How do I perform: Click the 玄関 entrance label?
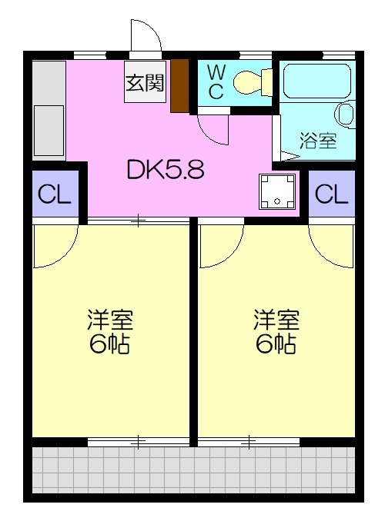click(x=145, y=83)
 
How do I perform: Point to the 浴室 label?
click(x=318, y=141)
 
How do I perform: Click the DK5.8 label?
click(x=166, y=169)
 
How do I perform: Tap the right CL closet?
click(x=331, y=194)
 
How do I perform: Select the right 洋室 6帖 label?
click(x=276, y=331)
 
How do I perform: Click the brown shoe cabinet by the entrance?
click(x=179, y=86)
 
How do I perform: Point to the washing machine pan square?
click(x=276, y=191)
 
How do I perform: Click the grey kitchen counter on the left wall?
click(x=49, y=111)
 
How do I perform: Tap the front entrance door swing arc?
click(x=146, y=38)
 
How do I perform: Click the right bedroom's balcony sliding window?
click(x=249, y=441)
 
